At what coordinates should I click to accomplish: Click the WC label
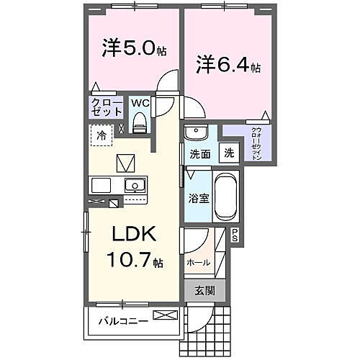(140, 103)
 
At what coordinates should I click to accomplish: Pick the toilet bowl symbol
(141, 124)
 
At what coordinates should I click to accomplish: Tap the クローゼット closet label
(105, 108)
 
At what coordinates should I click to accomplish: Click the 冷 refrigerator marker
(102, 135)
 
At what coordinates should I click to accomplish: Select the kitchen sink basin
(134, 184)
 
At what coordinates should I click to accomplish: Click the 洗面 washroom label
(199, 154)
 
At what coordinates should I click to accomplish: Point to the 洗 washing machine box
(228, 153)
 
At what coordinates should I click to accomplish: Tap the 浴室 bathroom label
(199, 198)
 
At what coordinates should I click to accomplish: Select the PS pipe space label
(235, 233)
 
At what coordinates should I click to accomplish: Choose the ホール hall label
(199, 262)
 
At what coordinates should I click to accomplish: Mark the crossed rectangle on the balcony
(163, 315)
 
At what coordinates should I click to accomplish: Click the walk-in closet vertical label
(257, 145)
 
